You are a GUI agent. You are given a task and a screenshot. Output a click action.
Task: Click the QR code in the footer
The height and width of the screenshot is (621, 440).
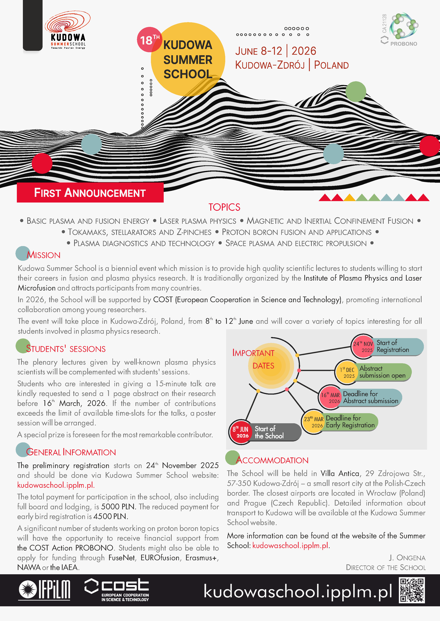[x=412, y=590]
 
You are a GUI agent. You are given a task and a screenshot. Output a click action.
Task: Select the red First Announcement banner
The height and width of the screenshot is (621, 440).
[x=90, y=193]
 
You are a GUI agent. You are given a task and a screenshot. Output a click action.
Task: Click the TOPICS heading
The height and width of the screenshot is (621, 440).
[x=224, y=207]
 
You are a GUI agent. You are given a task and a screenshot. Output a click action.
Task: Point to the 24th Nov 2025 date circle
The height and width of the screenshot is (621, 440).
[x=362, y=346]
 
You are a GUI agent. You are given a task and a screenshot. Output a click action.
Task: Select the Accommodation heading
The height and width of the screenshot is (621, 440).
[x=272, y=460]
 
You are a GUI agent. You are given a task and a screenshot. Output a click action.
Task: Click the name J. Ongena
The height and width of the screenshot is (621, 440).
[x=407, y=558]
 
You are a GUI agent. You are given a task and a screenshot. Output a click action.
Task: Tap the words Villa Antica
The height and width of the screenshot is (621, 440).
[x=340, y=473]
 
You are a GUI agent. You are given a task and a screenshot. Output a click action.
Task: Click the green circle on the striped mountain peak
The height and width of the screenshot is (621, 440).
[x=356, y=91]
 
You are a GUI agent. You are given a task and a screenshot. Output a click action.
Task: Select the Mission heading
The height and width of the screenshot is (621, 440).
[x=43, y=255]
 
